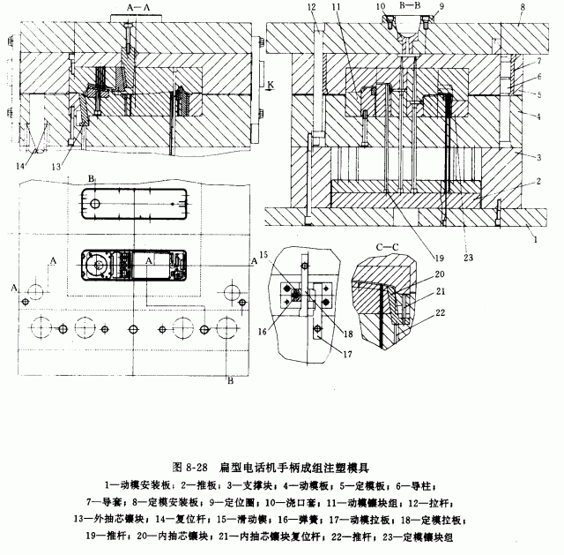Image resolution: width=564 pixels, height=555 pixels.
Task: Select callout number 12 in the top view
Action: pyautogui.click(x=311, y=7)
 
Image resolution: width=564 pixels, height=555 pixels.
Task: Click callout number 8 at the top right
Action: pyautogui.click(x=523, y=7)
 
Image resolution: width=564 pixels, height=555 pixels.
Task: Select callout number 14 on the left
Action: pyautogui.click(x=19, y=164)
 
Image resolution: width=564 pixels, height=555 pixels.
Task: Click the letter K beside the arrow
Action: pyautogui.click(x=270, y=84)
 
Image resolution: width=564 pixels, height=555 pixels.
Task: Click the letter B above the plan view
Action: pyautogui.click(x=91, y=179)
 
